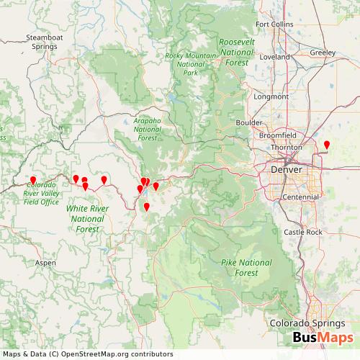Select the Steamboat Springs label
(x=44, y=41)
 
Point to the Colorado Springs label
(x=305, y=323)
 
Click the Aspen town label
(x=45, y=263)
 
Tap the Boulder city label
(x=249, y=122)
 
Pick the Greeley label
(x=322, y=52)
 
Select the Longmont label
(x=271, y=96)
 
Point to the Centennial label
(x=300, y=197)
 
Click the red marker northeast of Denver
(x=327, y=145)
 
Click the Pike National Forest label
(x=246, y=267)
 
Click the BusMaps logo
(x=323, y=339)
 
